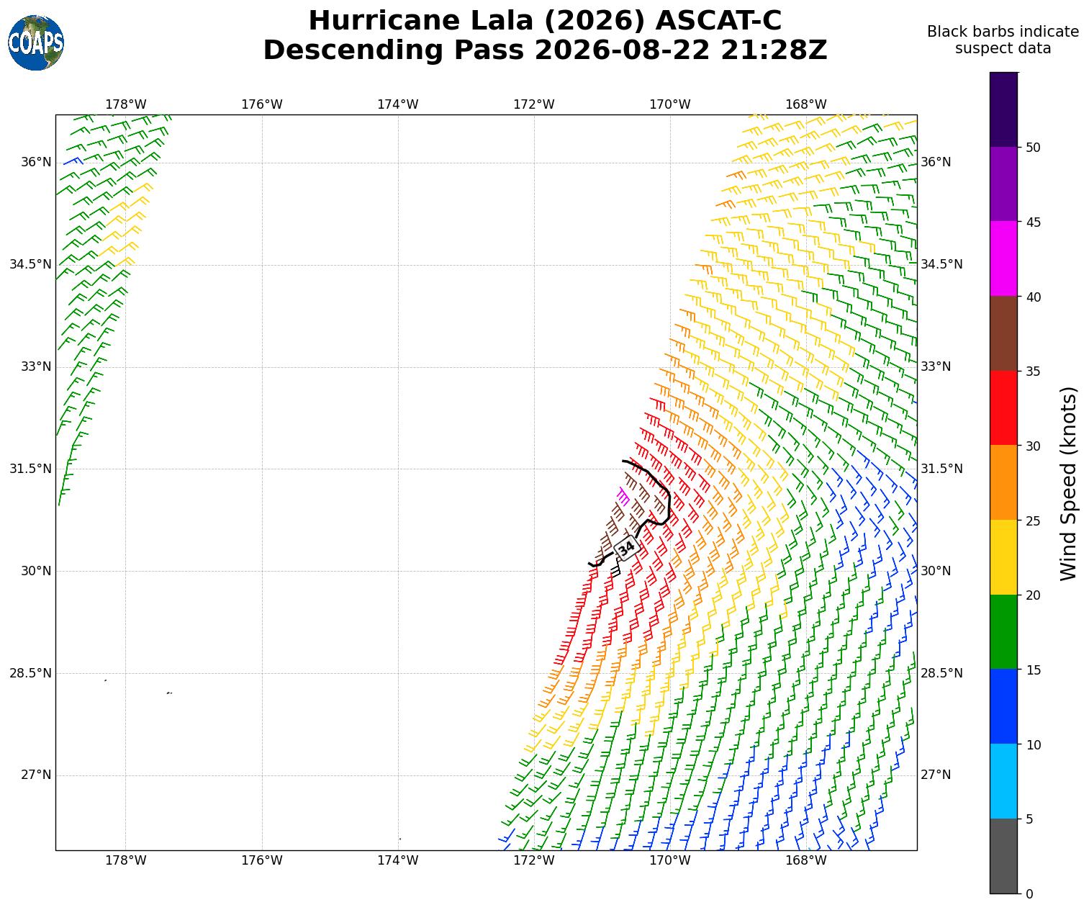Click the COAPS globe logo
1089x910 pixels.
coord(36,42)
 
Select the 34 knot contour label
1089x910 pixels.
coord(626,547)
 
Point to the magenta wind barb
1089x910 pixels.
coord(623,496)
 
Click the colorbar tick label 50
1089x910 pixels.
coord(1033,148)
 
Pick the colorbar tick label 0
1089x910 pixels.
coord(1029,894)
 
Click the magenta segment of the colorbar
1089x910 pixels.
coord(1003,258)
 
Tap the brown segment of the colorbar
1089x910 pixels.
coord(1003,333)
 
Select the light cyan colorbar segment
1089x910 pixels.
coord(1003,781)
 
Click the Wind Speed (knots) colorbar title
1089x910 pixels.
coord(1067,483)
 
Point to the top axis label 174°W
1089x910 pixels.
coord(398,104)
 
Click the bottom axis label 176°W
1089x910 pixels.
coord(262,860)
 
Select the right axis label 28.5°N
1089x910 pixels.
coord(941,673)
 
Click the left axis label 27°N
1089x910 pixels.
coord(36,775)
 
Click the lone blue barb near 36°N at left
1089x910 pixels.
coord(73,161)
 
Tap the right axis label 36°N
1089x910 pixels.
coord(936,162)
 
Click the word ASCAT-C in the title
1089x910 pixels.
coord(718,21)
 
